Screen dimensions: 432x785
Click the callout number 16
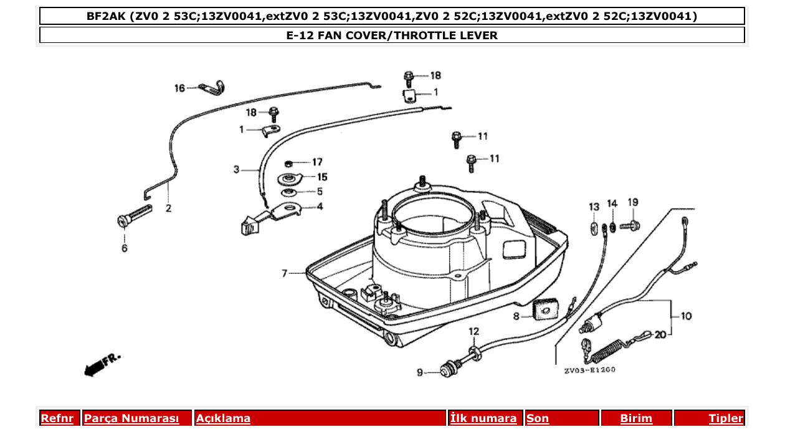179,88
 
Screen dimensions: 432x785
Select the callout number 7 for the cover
285,273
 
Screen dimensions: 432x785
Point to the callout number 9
419,373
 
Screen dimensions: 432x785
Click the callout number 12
474,331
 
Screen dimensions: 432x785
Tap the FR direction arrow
101,365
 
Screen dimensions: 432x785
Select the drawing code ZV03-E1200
589,370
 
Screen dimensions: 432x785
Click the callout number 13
594,206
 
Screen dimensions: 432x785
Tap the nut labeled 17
288,164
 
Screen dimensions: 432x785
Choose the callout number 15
322,177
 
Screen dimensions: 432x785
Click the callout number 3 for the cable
237,169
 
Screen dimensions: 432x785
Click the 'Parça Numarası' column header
131,418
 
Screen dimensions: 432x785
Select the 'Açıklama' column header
223,418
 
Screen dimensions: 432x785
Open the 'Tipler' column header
725,418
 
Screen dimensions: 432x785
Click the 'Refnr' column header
57,418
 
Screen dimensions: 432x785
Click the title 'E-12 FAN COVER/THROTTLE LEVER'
392,35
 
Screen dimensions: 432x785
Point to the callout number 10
685,316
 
